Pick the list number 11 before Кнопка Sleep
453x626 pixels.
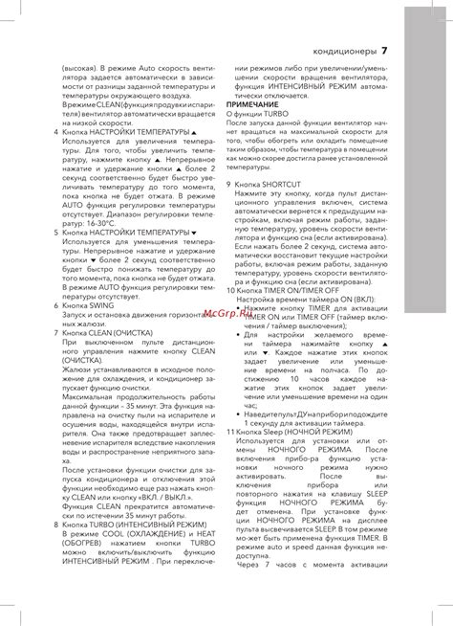231,433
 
